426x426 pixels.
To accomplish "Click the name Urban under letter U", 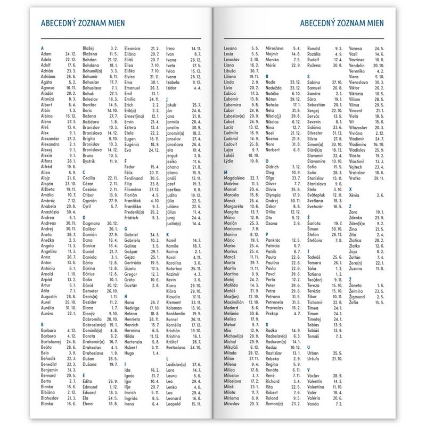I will (315, 353).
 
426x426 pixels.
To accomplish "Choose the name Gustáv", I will (132, 285).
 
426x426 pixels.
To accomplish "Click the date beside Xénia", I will (380, 196).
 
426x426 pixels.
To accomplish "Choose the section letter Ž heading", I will (350, 278).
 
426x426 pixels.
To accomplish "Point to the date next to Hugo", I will (156, 353).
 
